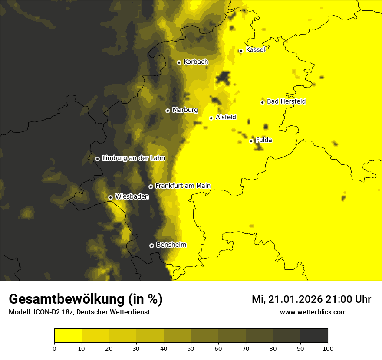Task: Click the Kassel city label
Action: click(x=255, y=50)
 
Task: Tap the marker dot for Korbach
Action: click(x=179, y=62)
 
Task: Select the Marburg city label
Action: click(x=185, y=110)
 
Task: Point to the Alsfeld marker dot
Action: click(x=211, y=118)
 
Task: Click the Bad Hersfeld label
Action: click(x=286, y=101)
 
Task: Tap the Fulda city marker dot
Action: click(x=251, y=141)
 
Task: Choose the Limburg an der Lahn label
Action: click(x=133, y=158)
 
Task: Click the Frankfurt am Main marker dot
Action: click(x=151, y=187)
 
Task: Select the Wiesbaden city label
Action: click(x=132, y=196)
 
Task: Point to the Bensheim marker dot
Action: click(x=151, y=245)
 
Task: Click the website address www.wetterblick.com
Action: click(x=313, y=312)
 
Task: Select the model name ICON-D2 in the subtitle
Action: click(x=47, y=312)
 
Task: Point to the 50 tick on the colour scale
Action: click(x=191, y=348)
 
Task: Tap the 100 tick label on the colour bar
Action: click(x=328, y=348)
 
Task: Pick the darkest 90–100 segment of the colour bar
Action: click(x=314, y=336)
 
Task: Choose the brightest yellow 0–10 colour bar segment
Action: click(x=68, y=336)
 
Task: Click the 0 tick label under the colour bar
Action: click(x=54, y=348)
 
